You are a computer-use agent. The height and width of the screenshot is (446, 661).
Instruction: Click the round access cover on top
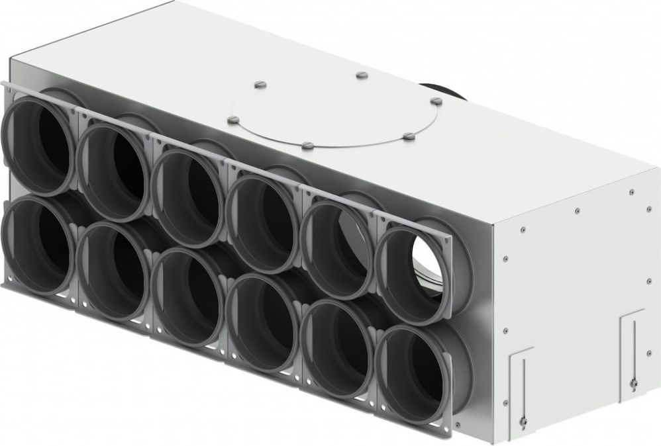coord(334,112)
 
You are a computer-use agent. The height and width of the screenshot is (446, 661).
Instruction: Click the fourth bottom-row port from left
coord(264,320)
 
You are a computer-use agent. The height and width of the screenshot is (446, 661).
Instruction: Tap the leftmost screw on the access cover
coord(232,120)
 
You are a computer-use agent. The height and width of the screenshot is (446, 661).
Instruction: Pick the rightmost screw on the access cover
coord(436,101)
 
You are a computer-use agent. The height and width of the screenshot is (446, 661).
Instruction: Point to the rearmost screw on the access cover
coord(361,75)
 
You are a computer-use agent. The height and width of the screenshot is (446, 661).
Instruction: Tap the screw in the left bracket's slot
coord(523,419)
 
